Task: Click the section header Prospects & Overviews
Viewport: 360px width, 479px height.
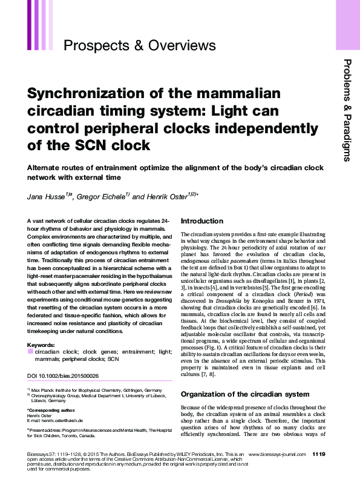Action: click(139, 45)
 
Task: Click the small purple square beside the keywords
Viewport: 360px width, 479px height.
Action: click(30, 351)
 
